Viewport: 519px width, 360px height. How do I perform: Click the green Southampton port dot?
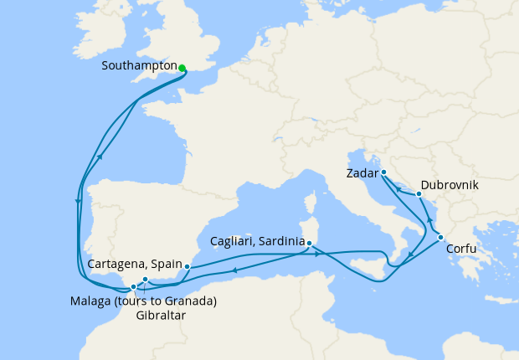(x=182, y=69)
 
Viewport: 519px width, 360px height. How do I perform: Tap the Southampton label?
(x=139, y=65)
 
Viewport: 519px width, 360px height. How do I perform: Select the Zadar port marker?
(x=383, y=172)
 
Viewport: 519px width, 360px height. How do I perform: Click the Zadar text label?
(x=361, y=174)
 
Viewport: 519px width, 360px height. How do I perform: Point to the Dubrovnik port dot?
(x=419, y=194)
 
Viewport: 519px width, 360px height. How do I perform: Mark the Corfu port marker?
(x=440, y=238)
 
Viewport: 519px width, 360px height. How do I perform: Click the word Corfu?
(x=464, y=249)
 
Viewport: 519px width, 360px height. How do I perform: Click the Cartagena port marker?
(x=187, y=267)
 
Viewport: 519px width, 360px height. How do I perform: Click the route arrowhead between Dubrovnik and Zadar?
(x=399, y=190)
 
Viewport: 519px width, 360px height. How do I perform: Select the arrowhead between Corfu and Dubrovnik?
(x=430, y=219)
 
